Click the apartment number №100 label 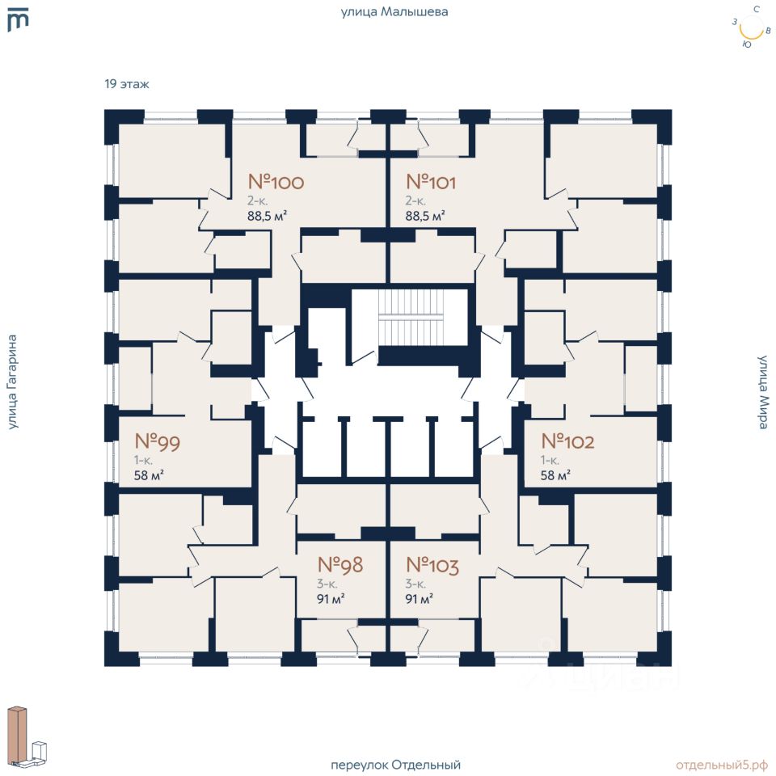point(276,182)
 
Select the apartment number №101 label point(431,182)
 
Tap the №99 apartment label point(158,441)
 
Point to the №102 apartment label point(567,441)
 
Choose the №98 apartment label point(340,564)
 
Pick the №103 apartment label point(432,564)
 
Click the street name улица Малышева point(394,11)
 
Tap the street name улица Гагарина point(12,382)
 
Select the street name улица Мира point(762,392)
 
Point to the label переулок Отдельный point(395,765)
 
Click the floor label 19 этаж point(127,83)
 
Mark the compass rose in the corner point(751,28)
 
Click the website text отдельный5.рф point(722,765)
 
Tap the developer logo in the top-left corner point(18,19)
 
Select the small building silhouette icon point(27,736)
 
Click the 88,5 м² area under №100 point(268,216)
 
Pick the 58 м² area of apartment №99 point(149,475)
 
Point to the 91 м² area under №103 point(420,599)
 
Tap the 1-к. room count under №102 point(550,460)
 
